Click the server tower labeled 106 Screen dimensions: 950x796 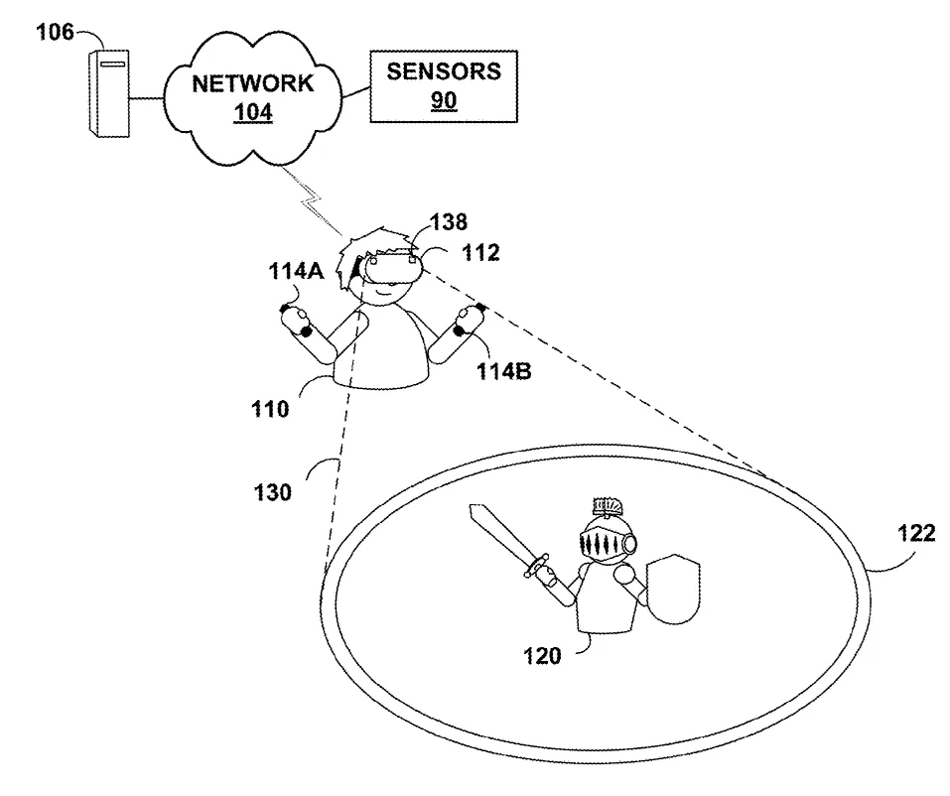[x=109, y=93]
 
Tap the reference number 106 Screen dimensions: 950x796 [x=56, y=32]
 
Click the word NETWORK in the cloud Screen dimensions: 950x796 [x=253, y=83]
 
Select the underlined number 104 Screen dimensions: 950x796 [x=253, y=112]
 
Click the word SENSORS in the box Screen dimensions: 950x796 [x=444, y=71]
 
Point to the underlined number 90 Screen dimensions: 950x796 [x=444, y=100]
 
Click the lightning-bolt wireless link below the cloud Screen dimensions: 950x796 [x=314, y=201]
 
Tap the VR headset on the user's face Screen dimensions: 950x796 [x=392, y=267]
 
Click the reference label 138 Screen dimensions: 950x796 [x=449, y=222]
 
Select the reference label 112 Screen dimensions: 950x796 [x=481, y=253]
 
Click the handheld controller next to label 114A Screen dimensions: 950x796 [x=296, y=321]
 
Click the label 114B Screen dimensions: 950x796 [x=504, y=371]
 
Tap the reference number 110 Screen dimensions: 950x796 [x=270, y=410]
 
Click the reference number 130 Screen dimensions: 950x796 [x=273, y=492]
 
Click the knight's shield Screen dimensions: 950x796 [x=673, y=589]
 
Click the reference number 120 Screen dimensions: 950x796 [x=542, y=655]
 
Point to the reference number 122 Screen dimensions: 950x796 [x=916, y=533]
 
